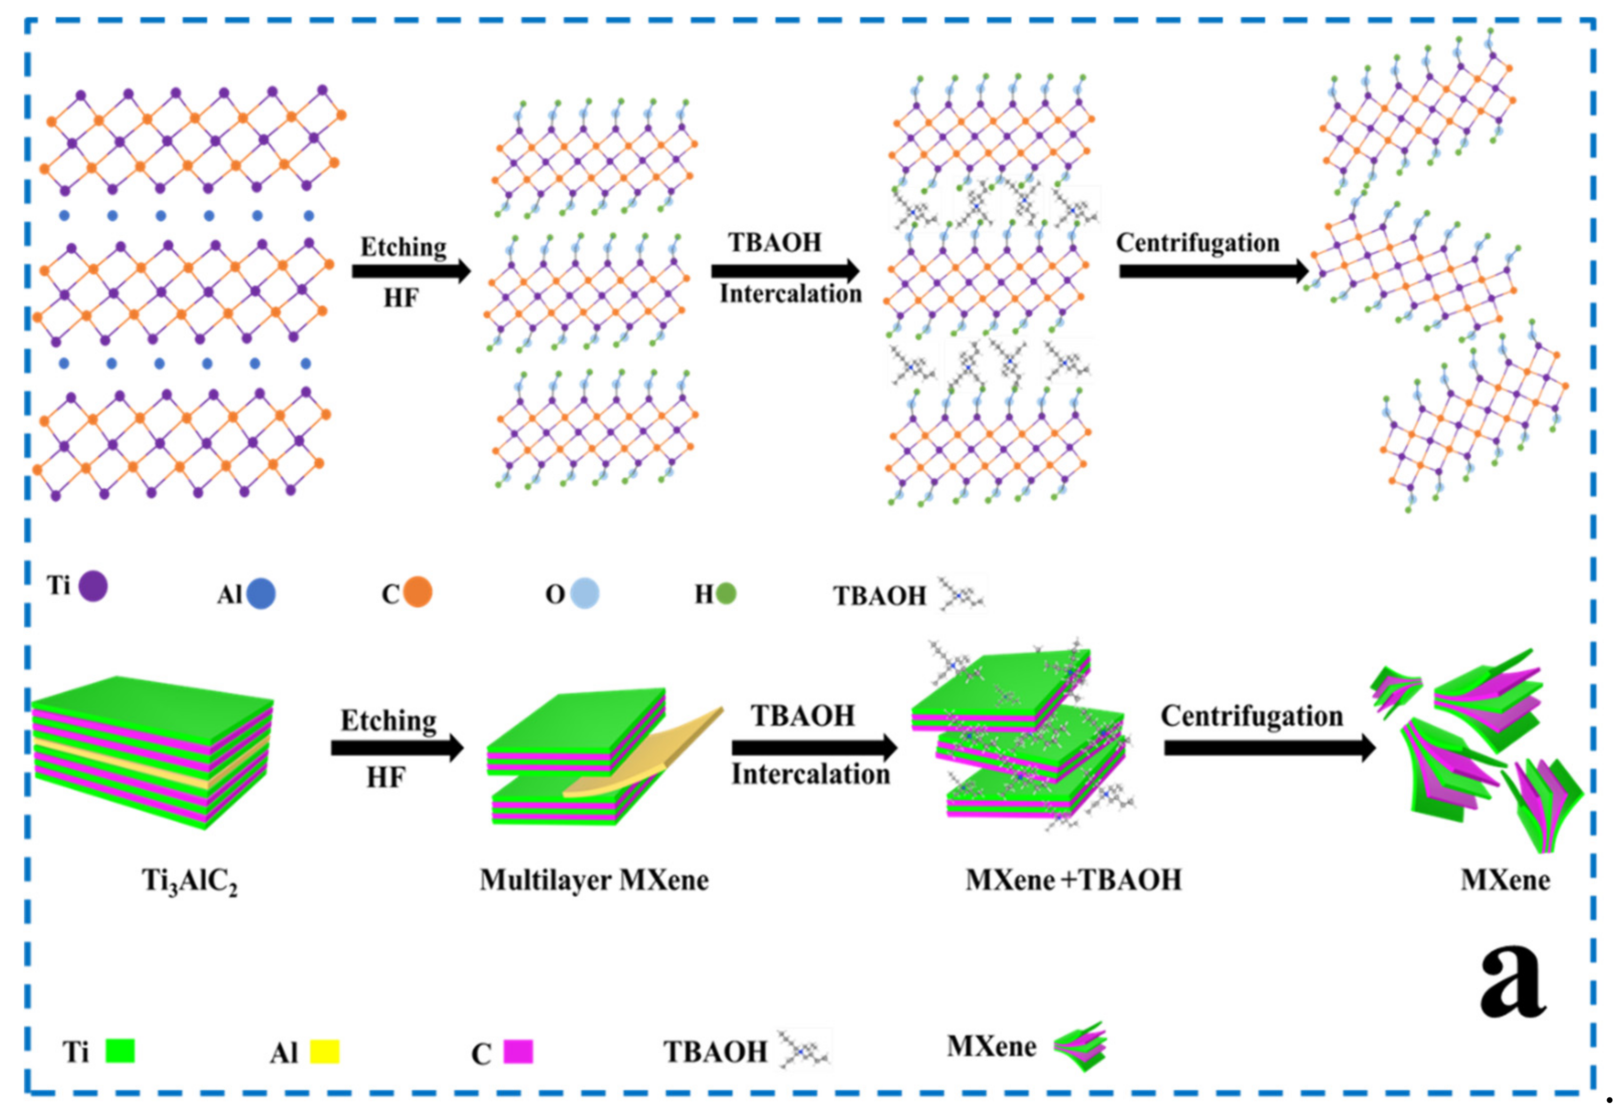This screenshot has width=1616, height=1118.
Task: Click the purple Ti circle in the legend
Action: [x=93, y=586]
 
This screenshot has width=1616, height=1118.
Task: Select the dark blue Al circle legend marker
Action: [x=260, y=593]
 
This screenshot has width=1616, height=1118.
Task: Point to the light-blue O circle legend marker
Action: [x=584, y=593]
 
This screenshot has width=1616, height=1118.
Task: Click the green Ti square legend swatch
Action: [x=120, y=1051]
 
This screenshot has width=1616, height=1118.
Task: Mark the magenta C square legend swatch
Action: [x=518, y=1051]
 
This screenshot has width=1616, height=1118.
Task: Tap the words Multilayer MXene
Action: [x=593, y=880]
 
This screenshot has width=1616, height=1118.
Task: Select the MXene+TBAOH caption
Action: [x=1072, y=880]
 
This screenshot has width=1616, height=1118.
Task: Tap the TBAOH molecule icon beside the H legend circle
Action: [x=961, y=595]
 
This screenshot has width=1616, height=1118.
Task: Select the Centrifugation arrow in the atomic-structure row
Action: [x=1213, y=271]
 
